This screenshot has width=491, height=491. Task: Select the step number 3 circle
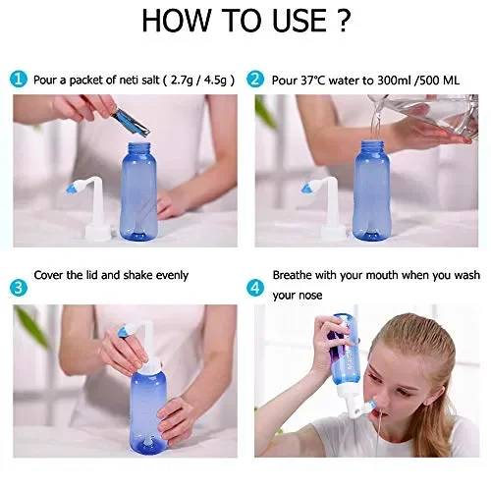tap(21, 287)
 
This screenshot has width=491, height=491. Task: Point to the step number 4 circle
tap(255, 287)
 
